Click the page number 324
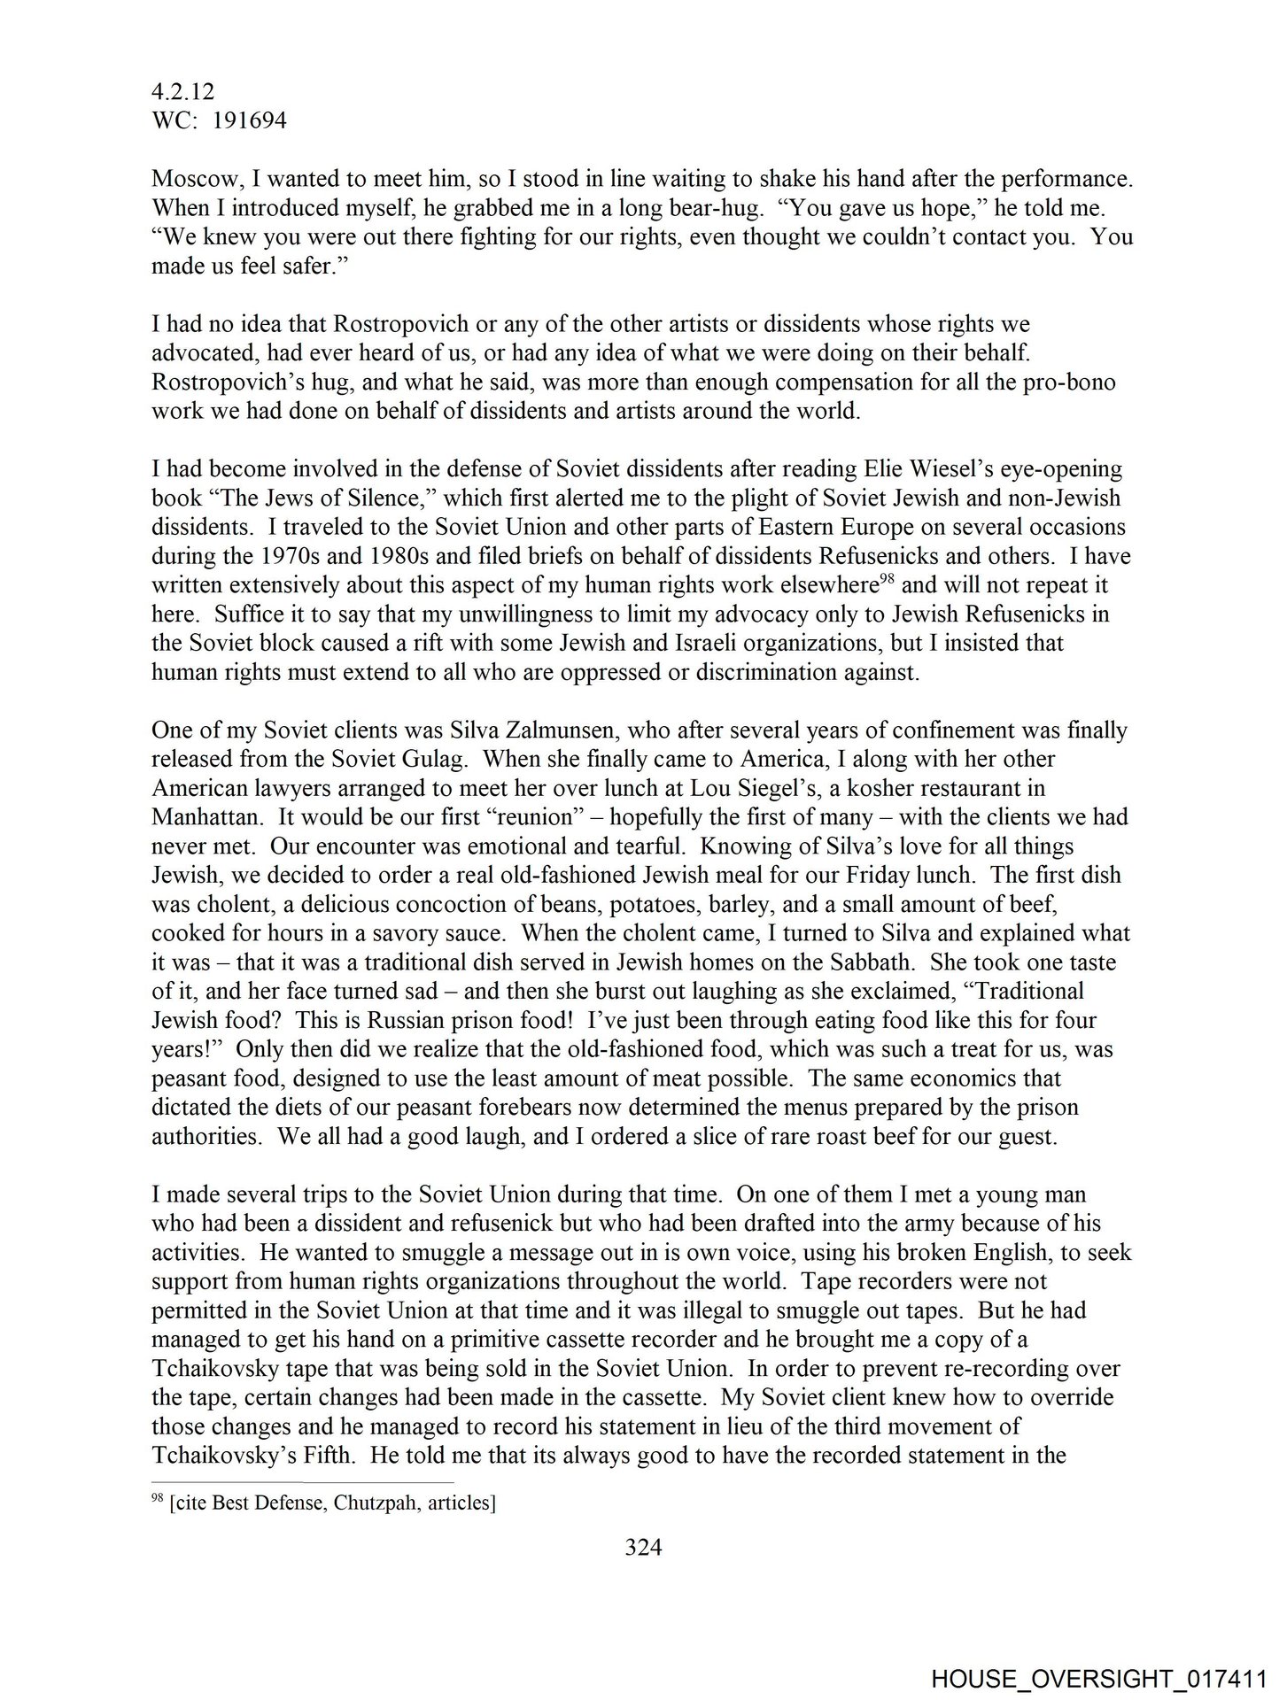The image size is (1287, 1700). point(644,1547)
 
